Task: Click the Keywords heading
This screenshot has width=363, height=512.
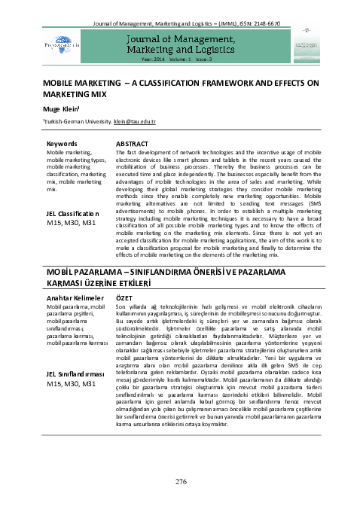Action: click(x=62, y=143)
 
